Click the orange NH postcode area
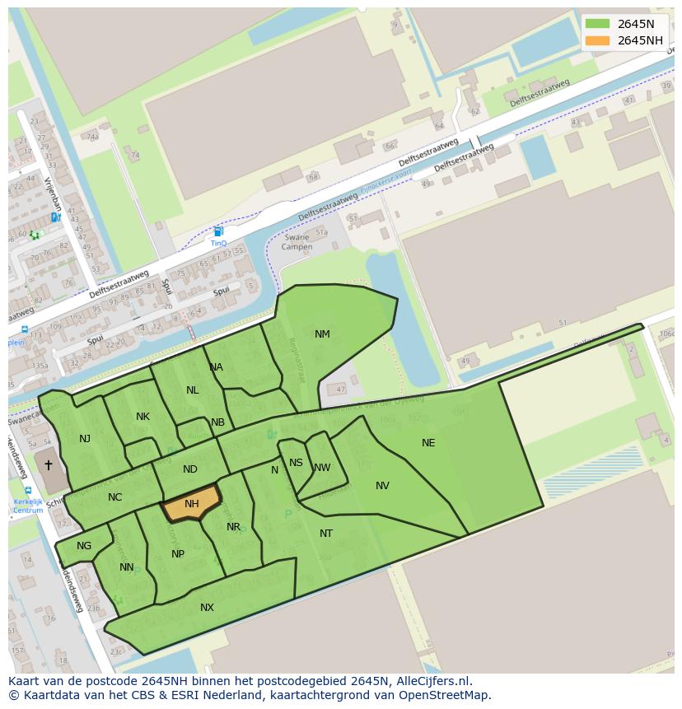pyautogui.click(x=191, y=504)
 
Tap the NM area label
pyautogui.click(x=322, y=334)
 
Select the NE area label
pyautogui.click(x=428, y=443)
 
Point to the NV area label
pyautogui.click(x=382, y=486)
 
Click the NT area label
pyautogui.click(x=326, y=534)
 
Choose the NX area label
pyautogui.click(x=207, y=608)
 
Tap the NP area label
pyautogui.click(x=178, y=554)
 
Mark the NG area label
pyautogui.click(x=84, y=546)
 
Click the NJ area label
pyautogui.click(x=85, y=439)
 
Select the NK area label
pyautogui.click(x=142, y=417)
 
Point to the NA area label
pyautogui.click(x=216, y=367)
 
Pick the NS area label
pyautogui.click(x=296, y=463)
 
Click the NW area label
pyautogui.click(x=322, y=468)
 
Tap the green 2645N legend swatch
pyautogui.click(x=597, y=24)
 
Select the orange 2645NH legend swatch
pyautogui.click(x=597, y=40)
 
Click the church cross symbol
pyautogui.click(x=48, y=465)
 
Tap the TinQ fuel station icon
pyautogui.click(x=218, y=232)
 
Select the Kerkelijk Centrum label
pyautogui.click(x=28, y=506)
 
